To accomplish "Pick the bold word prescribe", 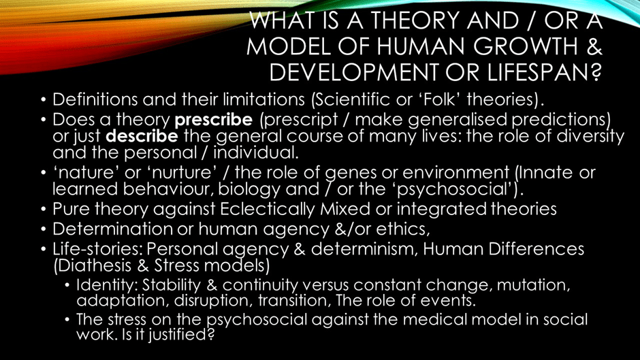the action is [x=214, y=120].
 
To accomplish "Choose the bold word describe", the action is [x=142, y=136].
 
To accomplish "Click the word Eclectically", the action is [x=268, y=209].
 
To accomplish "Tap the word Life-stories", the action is [x=97, y=248].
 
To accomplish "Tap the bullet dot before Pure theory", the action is [x=44, y=210].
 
